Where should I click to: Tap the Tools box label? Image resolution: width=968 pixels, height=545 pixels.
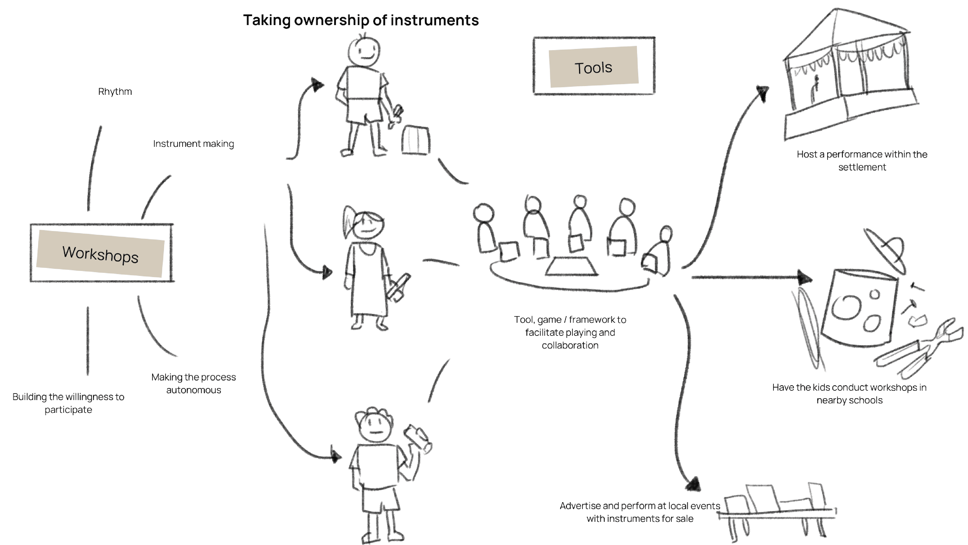[x=593, y=68]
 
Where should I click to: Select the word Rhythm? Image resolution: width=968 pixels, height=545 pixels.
[x=115, y=92]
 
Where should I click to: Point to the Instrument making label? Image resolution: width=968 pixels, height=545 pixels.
[x=193, y=144]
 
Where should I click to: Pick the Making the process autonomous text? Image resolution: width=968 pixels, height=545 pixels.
[x=193, y=383]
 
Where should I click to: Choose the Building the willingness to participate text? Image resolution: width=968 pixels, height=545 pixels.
[x=69, y=403]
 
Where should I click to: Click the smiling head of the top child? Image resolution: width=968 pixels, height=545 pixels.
[x=364, y=51]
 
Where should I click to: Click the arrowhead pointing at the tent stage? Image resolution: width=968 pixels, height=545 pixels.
[x=763, y=92]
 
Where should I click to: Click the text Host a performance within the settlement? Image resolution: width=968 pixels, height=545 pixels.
[x=862, y=161]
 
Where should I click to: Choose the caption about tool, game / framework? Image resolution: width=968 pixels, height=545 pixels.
[x=570, y=332]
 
